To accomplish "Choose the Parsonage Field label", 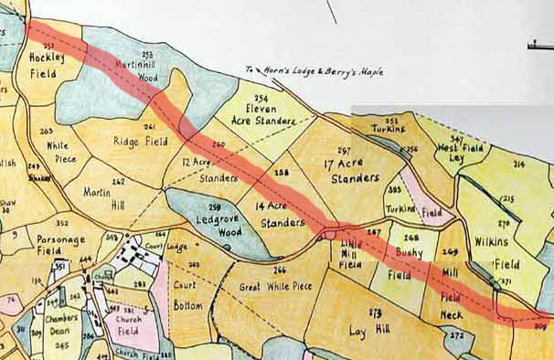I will [61, 246].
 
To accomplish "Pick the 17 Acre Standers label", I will [352, 170].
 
